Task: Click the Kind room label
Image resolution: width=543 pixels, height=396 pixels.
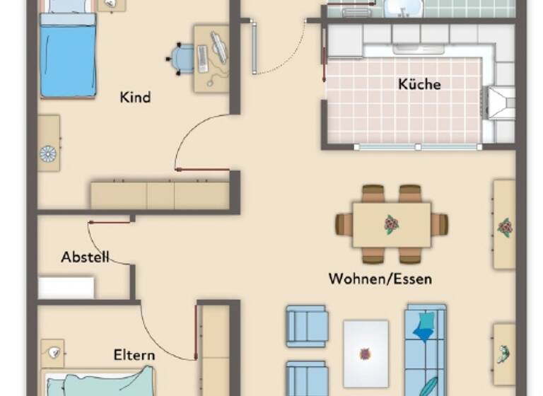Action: pyautogui.click(x=135, y=98)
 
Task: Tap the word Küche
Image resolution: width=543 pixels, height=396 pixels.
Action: pyautogui.click(x=419, y=84)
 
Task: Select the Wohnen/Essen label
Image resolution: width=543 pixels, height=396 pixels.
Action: pyautogui.click(x=380, y=279)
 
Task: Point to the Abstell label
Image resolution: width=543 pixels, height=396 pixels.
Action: pyautogui.click(x=85, y=257)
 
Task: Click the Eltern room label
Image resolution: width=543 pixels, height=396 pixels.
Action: pyautogui.click(x=134, y=354)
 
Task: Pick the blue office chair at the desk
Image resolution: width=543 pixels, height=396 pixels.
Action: pyautogui.click(x=183, y=58)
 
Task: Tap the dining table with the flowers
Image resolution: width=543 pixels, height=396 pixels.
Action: pyautogui.click(x=391, y=225)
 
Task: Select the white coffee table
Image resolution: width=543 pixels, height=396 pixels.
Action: pyautogui.click(x=366, y=353)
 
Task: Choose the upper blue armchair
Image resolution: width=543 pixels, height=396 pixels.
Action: pyautogui.click(x=307, y=326)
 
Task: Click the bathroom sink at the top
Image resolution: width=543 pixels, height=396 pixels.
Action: pyautogui.click(x=404, y=8)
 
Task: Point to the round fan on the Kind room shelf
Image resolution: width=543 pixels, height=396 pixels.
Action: pyautogui.click(x=48, y=153)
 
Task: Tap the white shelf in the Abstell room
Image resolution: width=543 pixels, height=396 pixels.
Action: pyautogui.click(x=66, y=287)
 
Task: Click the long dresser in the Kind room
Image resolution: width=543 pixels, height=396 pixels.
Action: pyautogui.click(x=160, y=195)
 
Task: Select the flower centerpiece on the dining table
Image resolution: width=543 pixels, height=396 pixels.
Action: pyautogui.click(x=391, y=225)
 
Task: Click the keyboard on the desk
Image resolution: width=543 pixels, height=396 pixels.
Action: pyautogui.click(x=204, y=59)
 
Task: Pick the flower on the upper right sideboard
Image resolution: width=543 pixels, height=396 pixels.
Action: pyautogui.click(x=504, y=228)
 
